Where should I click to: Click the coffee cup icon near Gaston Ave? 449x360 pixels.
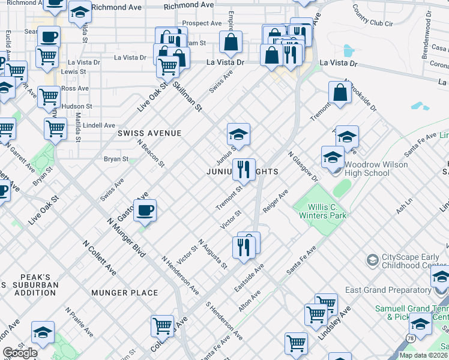point(145,210)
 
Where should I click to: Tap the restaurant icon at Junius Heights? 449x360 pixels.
point(244,170)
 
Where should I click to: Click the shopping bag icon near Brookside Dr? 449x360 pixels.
point(340,93)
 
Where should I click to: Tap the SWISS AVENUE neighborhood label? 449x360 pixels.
point(149,133)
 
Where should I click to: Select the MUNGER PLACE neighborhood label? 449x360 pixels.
point(125,293)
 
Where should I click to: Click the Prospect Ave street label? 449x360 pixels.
point(202,23)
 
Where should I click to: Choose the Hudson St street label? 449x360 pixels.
point(79,106)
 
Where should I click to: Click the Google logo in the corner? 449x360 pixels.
point(20,353)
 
